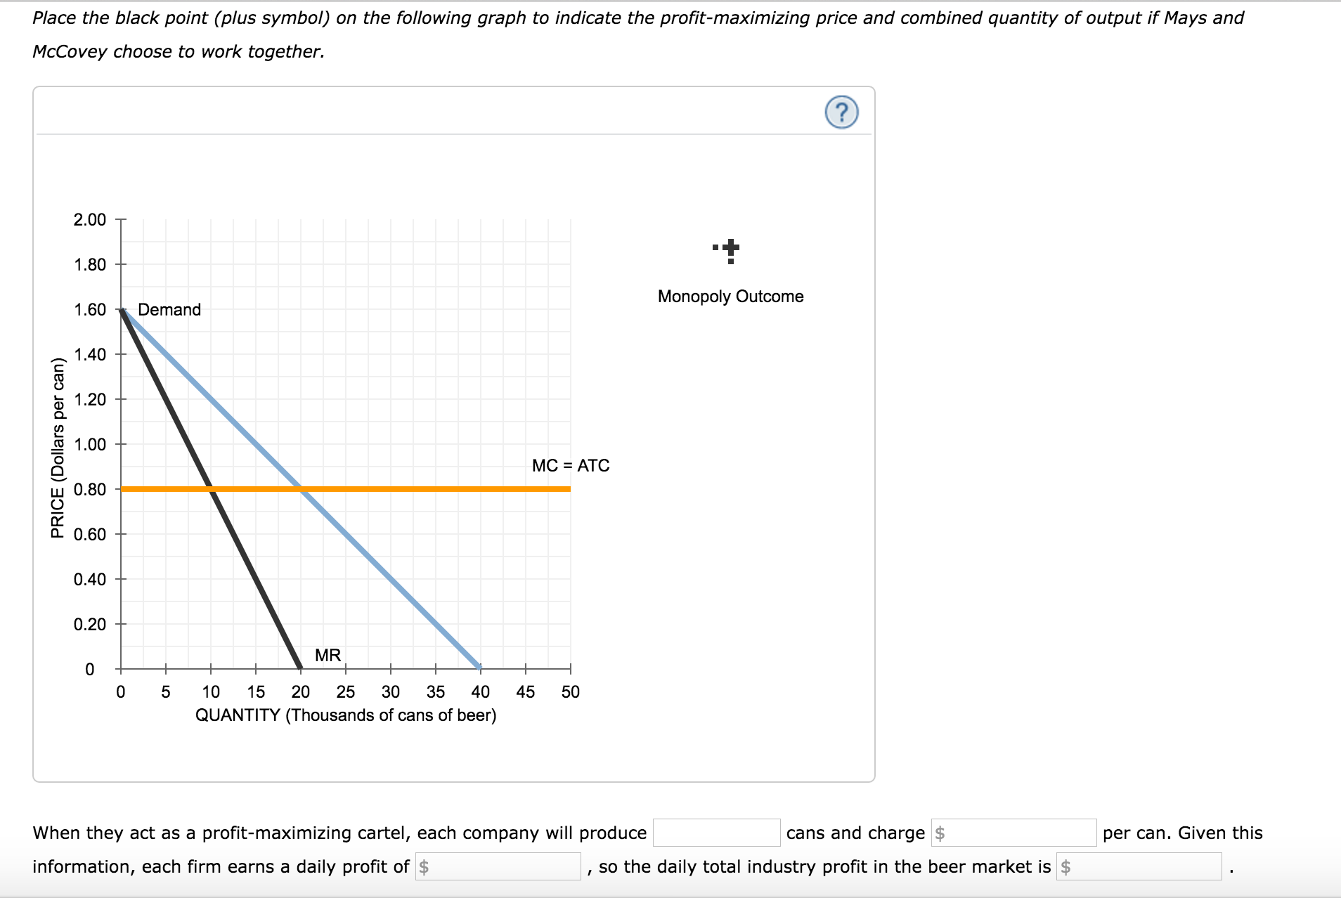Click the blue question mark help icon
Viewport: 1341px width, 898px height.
click(841, 112)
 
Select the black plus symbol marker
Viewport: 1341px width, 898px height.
click(731, 248)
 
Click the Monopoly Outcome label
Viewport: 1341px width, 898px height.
click(730, 297)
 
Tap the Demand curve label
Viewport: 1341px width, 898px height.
click(169, 310)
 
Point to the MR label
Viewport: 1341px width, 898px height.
click(328, 655)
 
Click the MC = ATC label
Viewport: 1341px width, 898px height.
click(570, 465)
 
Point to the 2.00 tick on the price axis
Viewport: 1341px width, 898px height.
click(90, 220)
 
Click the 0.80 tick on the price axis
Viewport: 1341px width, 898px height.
click(90, 489)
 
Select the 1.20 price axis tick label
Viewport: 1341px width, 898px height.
click(90, 400)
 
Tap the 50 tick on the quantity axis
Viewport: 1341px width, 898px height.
click(570, 692)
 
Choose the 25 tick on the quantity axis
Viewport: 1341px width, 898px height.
click(345, 692)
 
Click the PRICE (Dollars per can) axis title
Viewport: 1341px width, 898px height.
click(58, 448)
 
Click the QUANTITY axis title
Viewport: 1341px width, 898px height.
click(345, 715)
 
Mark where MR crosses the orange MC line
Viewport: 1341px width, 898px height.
click(211, 489)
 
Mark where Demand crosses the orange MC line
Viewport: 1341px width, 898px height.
click(301, 489)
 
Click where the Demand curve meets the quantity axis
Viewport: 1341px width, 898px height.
click(480, 668)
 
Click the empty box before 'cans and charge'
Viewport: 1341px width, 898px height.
click(716, 833)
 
